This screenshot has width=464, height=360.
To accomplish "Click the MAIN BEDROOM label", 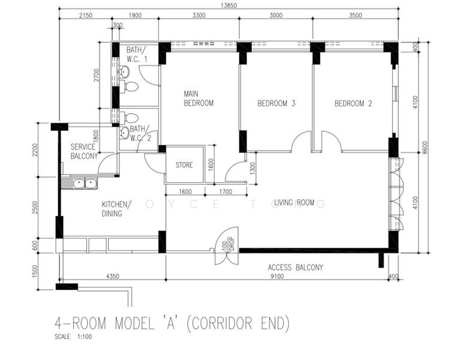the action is click(198, 98).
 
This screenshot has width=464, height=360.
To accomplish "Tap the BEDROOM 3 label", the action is click(276, 103).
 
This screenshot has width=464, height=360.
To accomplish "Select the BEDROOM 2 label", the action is click(353, 103).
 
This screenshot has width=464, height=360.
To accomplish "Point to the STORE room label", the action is click(184, 165).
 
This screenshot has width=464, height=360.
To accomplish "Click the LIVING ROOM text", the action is click(294, 203).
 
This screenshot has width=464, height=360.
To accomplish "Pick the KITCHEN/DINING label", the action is click(116, 209).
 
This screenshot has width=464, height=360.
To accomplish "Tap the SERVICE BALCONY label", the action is click(84, 151).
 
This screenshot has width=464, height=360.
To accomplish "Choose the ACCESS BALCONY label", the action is click(296, 268).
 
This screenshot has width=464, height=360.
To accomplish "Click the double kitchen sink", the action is click(85, 184).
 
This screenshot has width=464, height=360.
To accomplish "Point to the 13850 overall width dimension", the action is click(229, 5).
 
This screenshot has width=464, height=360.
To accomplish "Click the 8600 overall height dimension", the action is click(425, 147).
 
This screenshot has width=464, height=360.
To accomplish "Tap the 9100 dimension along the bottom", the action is click(277, 277).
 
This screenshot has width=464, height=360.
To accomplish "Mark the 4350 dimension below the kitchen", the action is click(113, 276).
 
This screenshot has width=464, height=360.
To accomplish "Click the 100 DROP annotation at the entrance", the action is click(228, 244).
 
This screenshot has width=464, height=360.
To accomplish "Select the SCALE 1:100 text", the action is click(73, 337).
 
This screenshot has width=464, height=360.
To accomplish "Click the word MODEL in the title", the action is click(135, 323).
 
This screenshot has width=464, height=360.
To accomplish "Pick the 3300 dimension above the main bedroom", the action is click(199, 16).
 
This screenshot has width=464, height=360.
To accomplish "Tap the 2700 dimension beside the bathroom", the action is click(97, 76).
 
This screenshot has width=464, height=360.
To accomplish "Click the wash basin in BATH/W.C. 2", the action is click(125, 133).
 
